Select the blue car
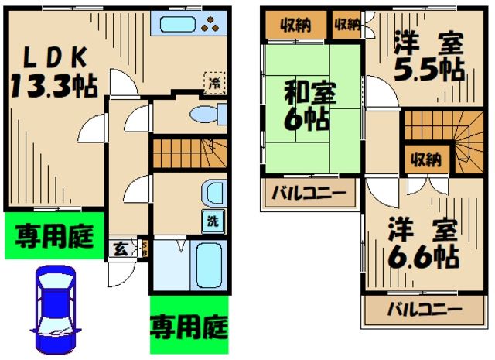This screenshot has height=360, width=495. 56,308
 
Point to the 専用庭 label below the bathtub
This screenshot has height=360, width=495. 188,323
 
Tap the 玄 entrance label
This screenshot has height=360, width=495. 121,249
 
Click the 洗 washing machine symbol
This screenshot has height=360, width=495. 212,221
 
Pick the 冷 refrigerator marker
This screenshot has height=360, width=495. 213,80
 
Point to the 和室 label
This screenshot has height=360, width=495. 306,95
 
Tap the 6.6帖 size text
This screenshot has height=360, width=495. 422,253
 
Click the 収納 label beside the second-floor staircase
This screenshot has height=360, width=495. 425,160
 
